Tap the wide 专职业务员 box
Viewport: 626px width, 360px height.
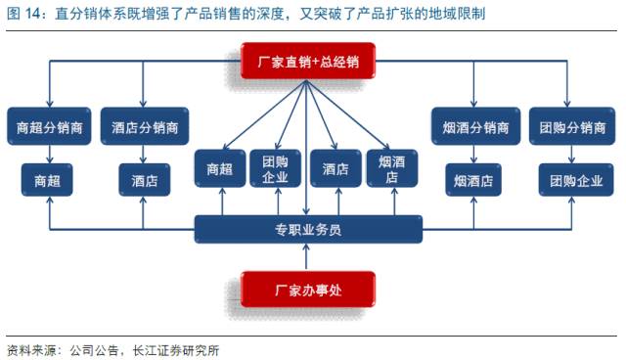click(307, 230)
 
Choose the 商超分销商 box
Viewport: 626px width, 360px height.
click(49, 127)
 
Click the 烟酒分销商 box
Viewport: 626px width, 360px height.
click(474, 127)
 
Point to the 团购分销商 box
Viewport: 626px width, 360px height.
click(572, 127)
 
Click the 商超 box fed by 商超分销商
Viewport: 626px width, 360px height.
click(49, 181)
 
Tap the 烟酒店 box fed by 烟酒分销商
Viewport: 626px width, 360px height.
click(474, 181)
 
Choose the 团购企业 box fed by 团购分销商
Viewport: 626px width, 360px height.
click(572, 181)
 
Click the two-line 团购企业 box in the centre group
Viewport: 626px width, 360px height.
click(276, 169)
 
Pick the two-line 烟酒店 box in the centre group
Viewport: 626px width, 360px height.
click(392, 169)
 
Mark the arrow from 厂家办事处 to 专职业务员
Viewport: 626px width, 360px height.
click(307, 257)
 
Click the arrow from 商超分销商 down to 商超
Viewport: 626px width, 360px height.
click(49, 154)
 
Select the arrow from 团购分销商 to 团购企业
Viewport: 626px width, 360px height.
click(572, 154)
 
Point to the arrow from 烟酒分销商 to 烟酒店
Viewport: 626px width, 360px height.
click(474, 154)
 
